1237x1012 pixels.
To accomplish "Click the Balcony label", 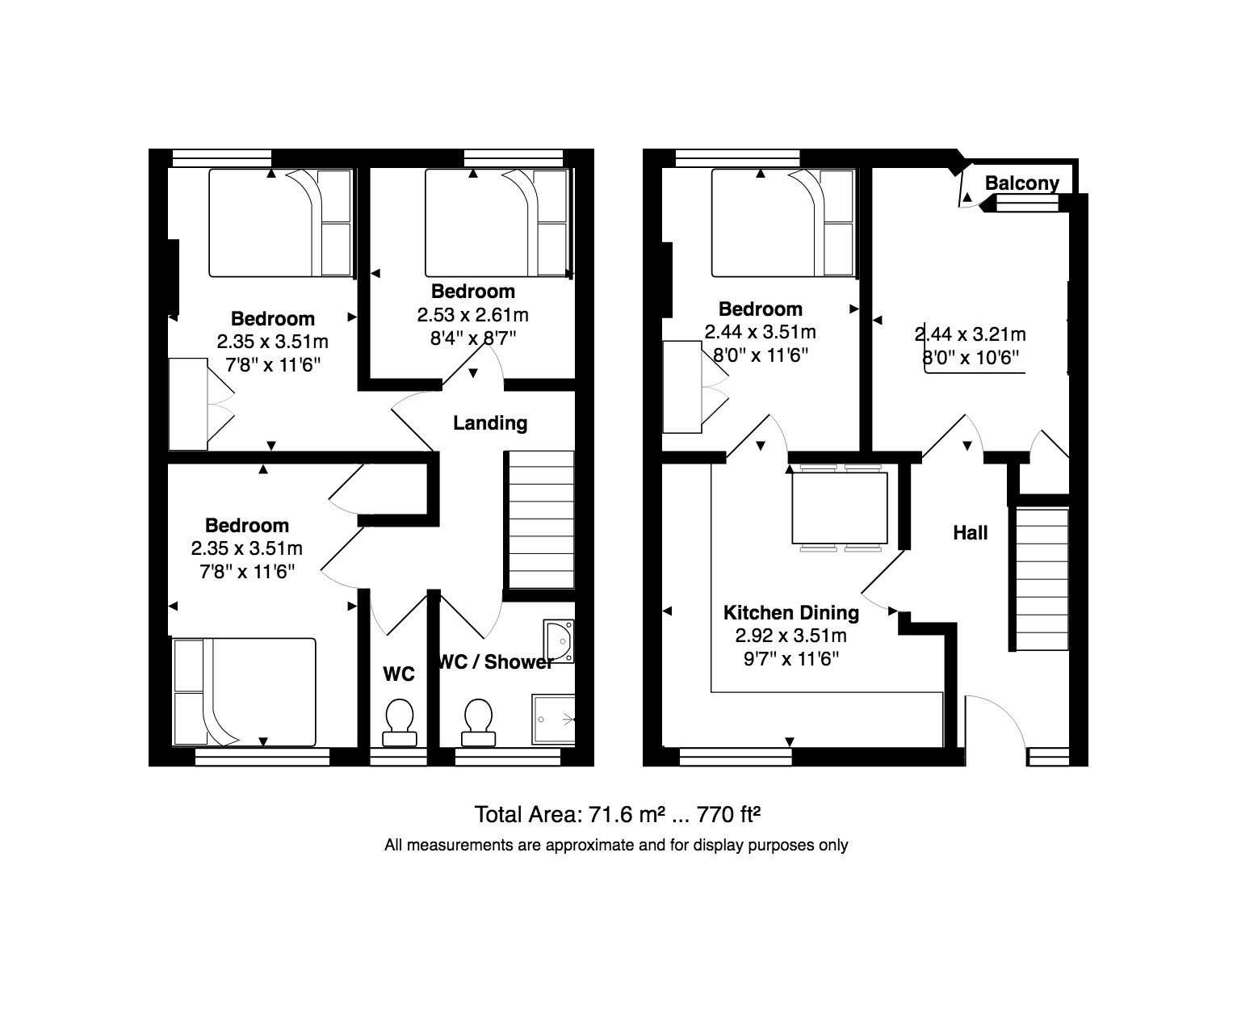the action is pyautogui.click(x=1021, y=183).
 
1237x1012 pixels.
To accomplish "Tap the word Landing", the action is pyautogui.click(x=490, y=423).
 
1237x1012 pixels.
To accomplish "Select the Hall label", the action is pyautogui.click(x=970, y=533).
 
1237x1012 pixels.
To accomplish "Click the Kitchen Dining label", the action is pyautogui.click(x=790, y=612).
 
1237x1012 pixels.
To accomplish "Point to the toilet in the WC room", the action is pyautogui.click(x=400, y=723).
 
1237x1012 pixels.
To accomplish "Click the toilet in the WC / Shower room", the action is pyautogui.click(x=478, y=723).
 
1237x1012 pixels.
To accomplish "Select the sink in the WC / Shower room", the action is pyautogui.click(x=559, y=641).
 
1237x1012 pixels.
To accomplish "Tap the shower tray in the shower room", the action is pyautogui.click(x=553, y=720).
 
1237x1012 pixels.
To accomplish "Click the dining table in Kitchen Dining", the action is pyautogui.click(x=840, y=508).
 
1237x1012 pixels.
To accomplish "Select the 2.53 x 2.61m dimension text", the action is pyautogui.click(x=472, y=315).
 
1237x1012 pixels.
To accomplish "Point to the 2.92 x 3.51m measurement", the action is pyautogui.click(x=790, y=636).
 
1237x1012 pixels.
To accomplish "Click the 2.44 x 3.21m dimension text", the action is pyautogui.click(x=970, y=334).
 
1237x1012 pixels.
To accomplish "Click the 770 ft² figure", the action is pyautogui.click(x=728, y=815).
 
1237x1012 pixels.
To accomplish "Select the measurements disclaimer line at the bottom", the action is pyautogui.click(x=616, y=846).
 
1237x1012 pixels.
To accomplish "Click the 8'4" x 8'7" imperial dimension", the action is pyautogui.click(x=472, y=338).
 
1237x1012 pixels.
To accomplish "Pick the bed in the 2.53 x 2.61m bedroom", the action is pyautogui.click(x=497, y=223).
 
